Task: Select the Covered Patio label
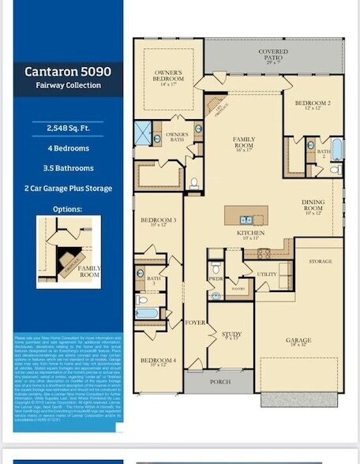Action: click(x=273, y=55)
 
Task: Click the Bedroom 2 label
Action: click(x=313, y=106)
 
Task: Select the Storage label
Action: click(x=320, y=260)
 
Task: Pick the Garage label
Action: click(x=299, y=341)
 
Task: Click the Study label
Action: click(x=231, y=335)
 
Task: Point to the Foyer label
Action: click(x=195, y=323)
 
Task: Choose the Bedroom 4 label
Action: click(x=158, y=361)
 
